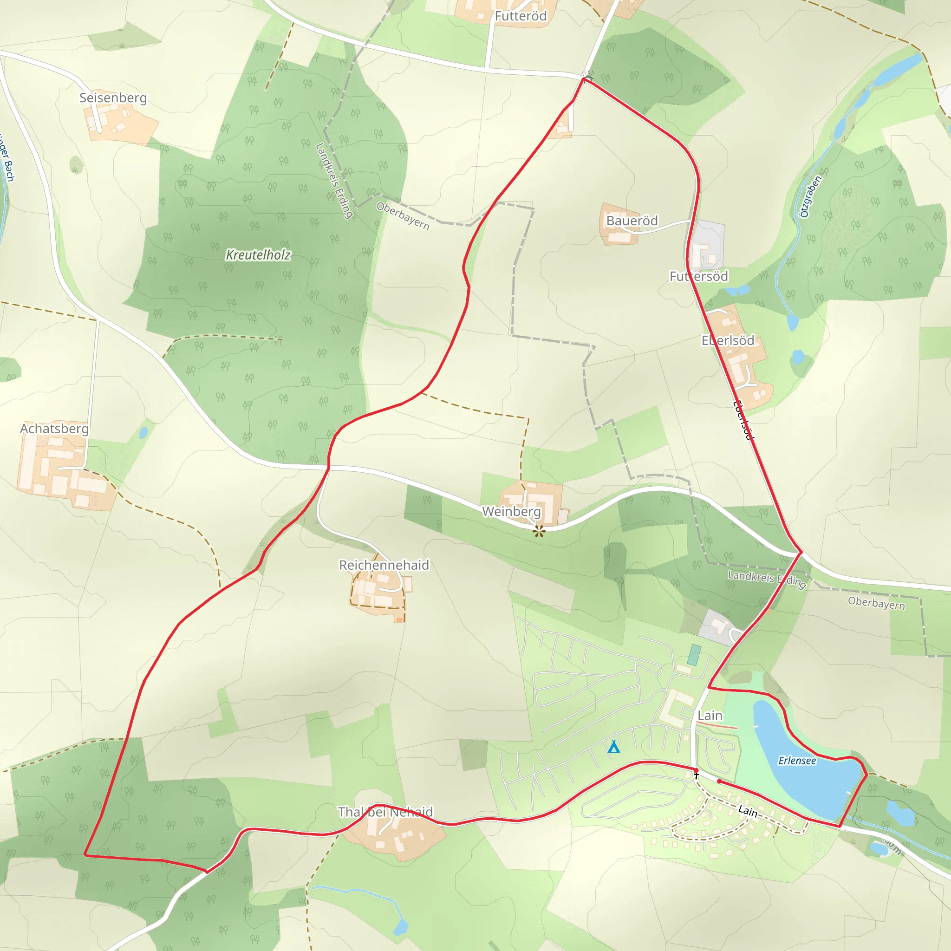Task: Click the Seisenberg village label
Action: pos(113,98)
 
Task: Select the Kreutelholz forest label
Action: pos(258,255)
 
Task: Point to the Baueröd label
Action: pos(632,221)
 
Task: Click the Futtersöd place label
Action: pos(698,276)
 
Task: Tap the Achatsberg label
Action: pos(54,428)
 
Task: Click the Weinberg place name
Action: pos(511,511)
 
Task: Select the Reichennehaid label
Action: pos(384,565)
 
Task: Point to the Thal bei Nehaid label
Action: pos(385,812)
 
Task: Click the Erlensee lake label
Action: pos(797,761)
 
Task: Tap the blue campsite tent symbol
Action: pos(613,747)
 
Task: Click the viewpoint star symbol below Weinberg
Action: pos(539,531)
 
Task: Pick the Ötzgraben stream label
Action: pos(810,196)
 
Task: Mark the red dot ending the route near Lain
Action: pos(719,781)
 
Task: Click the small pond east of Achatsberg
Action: pos(143,433)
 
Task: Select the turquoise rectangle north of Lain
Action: pos(695,655)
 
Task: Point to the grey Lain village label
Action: pos(710,715)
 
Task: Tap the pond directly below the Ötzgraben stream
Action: pos(793,322)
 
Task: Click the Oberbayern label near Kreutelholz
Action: pos(403,215)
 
